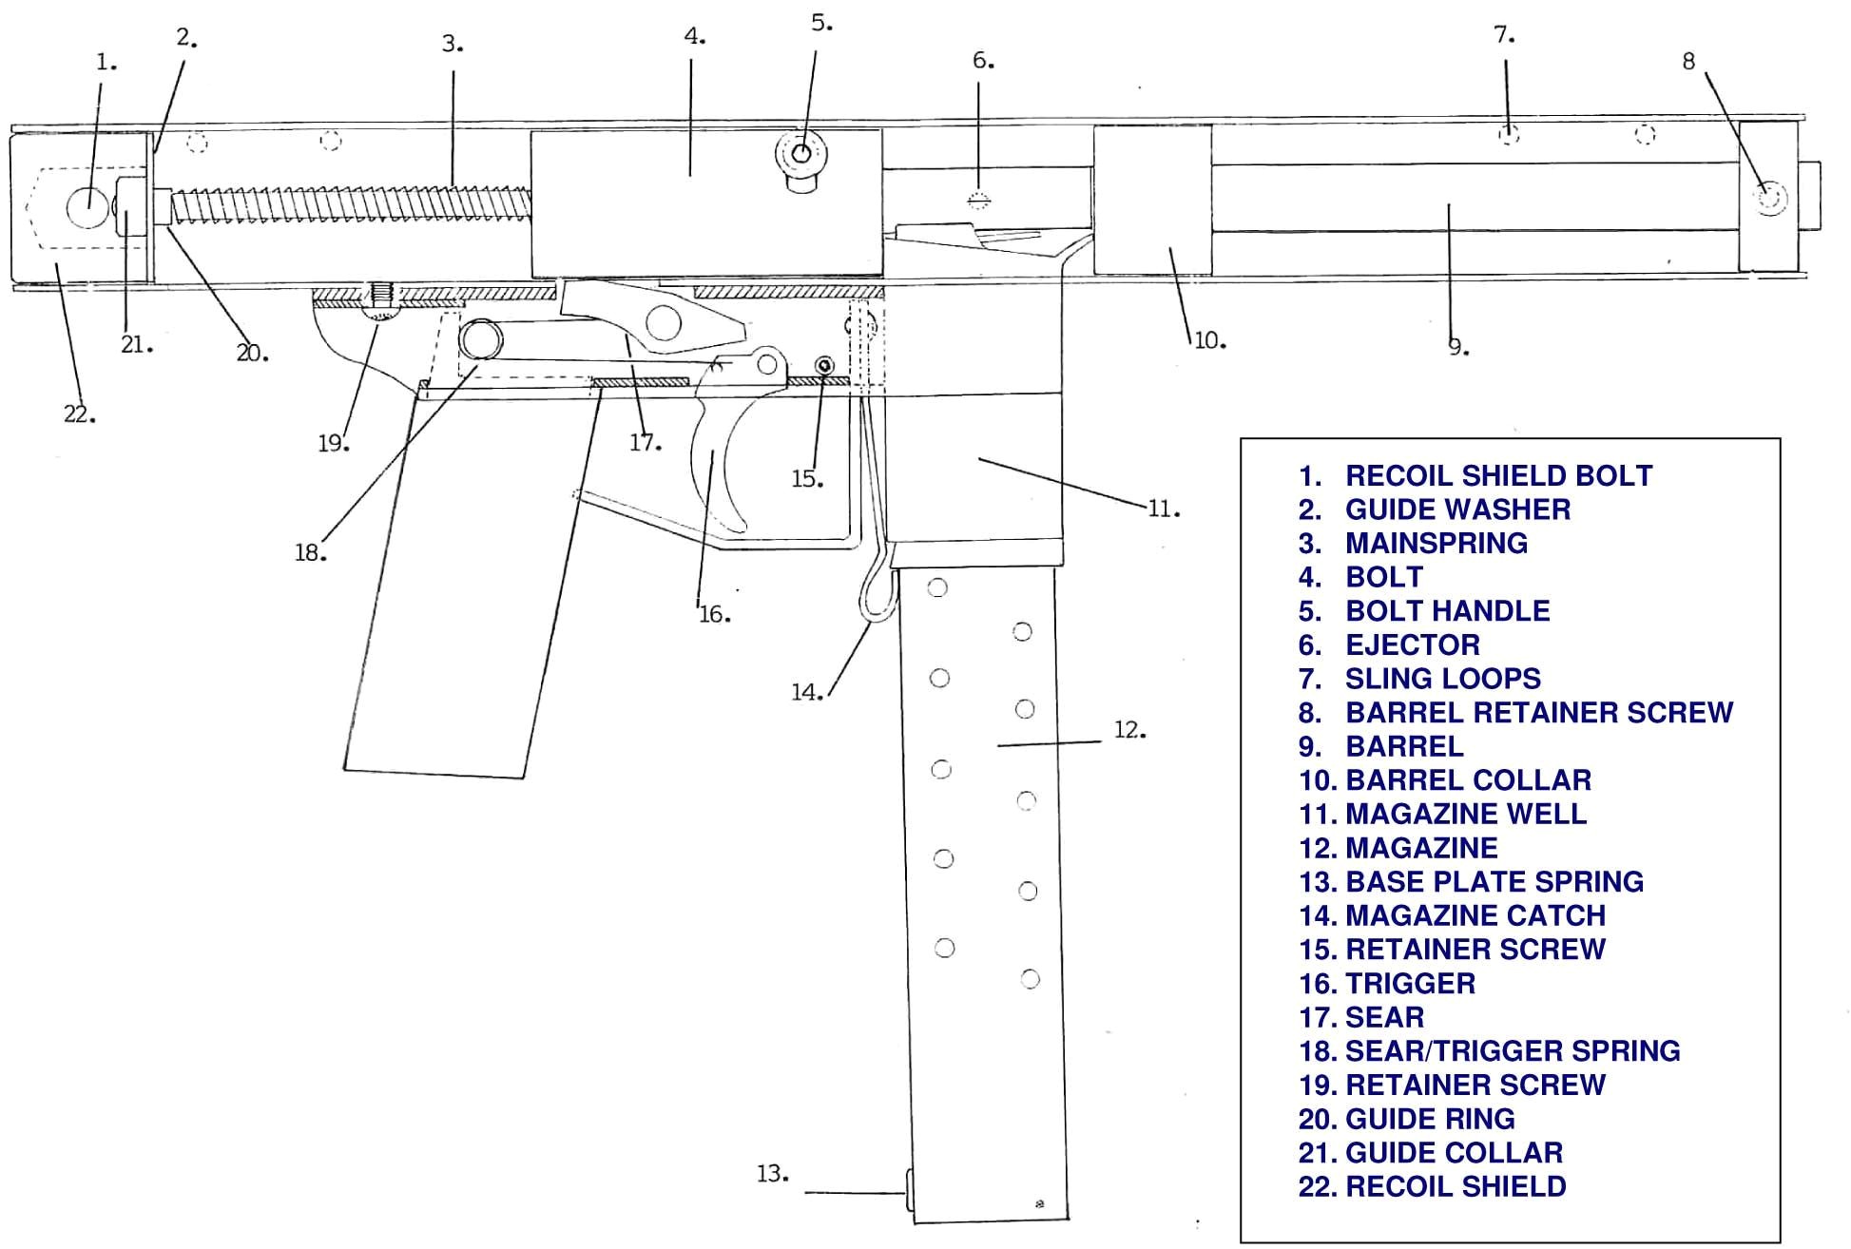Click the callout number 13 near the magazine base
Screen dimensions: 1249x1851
773,1174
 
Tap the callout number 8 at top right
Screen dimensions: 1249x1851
1688,62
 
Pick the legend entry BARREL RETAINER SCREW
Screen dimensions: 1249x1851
1515,712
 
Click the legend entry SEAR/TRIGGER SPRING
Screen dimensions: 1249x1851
1489,1050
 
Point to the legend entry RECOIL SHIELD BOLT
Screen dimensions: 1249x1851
1475,475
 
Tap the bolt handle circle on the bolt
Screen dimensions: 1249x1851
802,153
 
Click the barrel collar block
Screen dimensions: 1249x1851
1152,201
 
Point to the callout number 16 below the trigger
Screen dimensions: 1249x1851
714,615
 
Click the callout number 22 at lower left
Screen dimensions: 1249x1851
79,414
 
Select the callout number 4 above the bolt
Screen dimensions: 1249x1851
695,37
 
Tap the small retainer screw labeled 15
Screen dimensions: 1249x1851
824,365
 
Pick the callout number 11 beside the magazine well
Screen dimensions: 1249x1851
1163,509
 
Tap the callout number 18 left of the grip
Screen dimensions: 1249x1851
310,552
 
